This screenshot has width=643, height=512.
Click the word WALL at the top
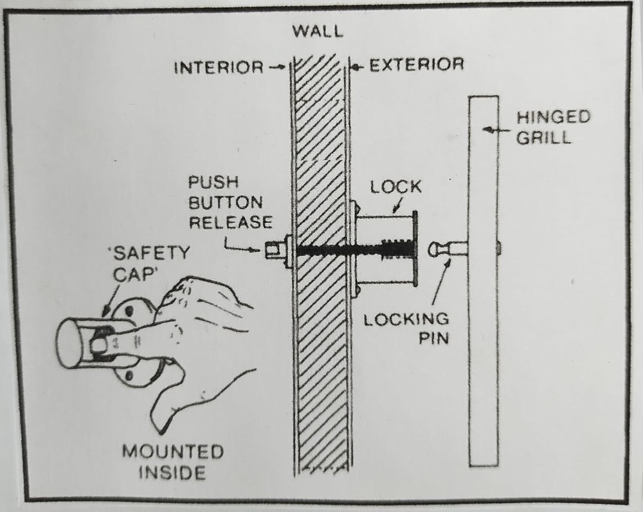pos(318,31)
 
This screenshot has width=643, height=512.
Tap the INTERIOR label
pos(219,66)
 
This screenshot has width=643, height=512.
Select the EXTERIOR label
pos(416,65)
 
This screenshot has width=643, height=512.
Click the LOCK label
pos(396,187)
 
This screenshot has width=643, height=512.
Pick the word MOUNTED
pos(173,452)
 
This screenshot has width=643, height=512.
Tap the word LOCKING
pos(406,319)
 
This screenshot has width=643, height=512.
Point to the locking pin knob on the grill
pos(435,249)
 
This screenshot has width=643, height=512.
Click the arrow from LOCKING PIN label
pos(437,283)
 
